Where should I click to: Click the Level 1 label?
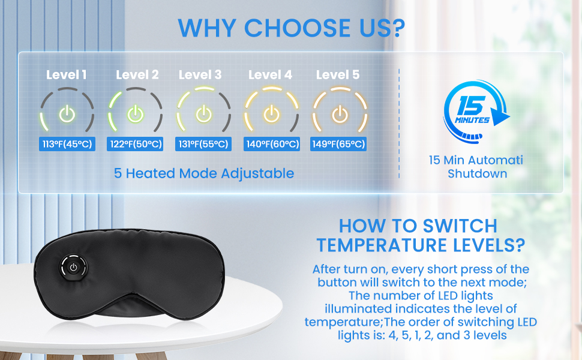point(67,75)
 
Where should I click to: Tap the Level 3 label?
point(200,75)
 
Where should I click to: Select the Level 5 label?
point(338,75)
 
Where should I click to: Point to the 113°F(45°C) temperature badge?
point(67,144)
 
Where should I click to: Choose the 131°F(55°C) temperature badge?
point(203,144)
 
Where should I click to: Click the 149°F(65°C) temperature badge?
point(338,144)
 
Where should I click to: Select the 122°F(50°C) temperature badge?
point(135,144)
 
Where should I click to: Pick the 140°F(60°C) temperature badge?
point(272,144)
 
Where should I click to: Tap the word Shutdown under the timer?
point(478,173)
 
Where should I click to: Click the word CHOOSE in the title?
point(296,28)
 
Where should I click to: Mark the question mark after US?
point(398,28)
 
